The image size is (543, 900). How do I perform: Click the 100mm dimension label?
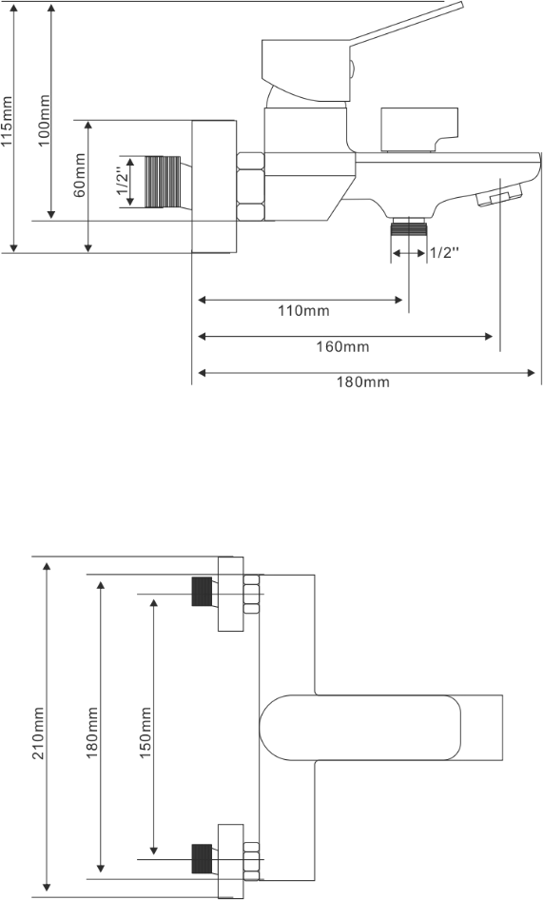(x=45, y=121)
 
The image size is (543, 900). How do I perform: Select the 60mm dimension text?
(x=80, y=174)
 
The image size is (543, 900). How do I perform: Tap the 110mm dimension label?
(x=303, y=311)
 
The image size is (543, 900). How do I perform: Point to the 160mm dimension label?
(x=342, y=346)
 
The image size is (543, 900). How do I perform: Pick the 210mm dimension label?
(x=39, y=734)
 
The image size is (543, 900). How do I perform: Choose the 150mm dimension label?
(x=145, y=734)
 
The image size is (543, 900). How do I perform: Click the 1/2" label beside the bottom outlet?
(x=445, y=253)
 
